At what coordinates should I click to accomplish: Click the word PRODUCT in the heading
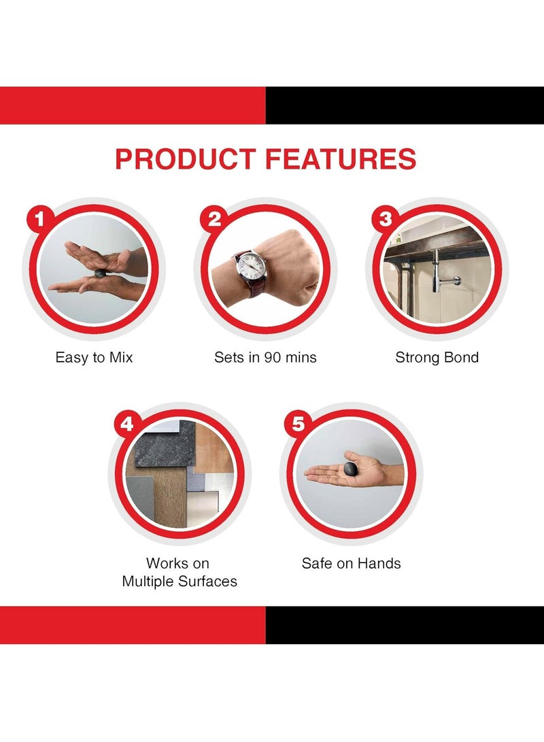pos(186,159)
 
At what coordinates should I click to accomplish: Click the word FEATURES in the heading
pos(341,159)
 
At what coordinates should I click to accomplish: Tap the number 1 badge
pos(39,219)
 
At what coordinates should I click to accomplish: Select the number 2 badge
pos(214,219)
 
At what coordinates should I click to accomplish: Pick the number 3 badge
pos(386,219)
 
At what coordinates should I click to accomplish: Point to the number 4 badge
pos(126,424)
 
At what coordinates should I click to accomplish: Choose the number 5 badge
pos(298,424)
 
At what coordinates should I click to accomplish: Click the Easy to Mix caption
pos(94,357)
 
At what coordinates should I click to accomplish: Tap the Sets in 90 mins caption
pos(265,357)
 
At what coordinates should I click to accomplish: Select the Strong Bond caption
pos(437,357)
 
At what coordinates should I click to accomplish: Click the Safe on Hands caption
pos(352,563)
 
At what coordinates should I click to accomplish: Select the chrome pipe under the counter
pos(437,277)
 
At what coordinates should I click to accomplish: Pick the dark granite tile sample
pos(165,443)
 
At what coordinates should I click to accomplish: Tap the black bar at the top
pos(405,105)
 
